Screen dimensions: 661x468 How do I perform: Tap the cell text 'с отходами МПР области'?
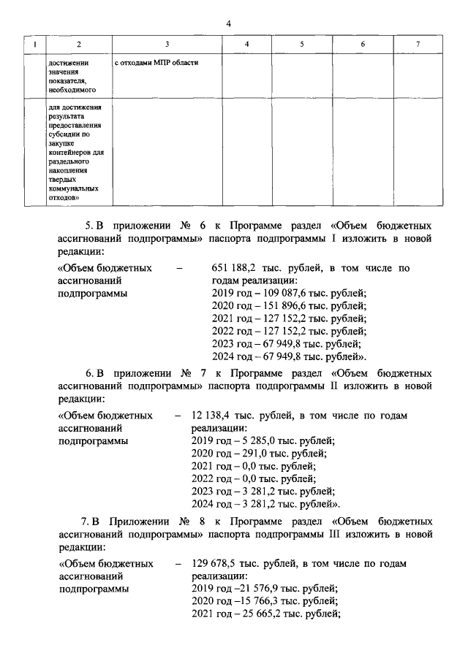pyautogui.click(x=156, y=63)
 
